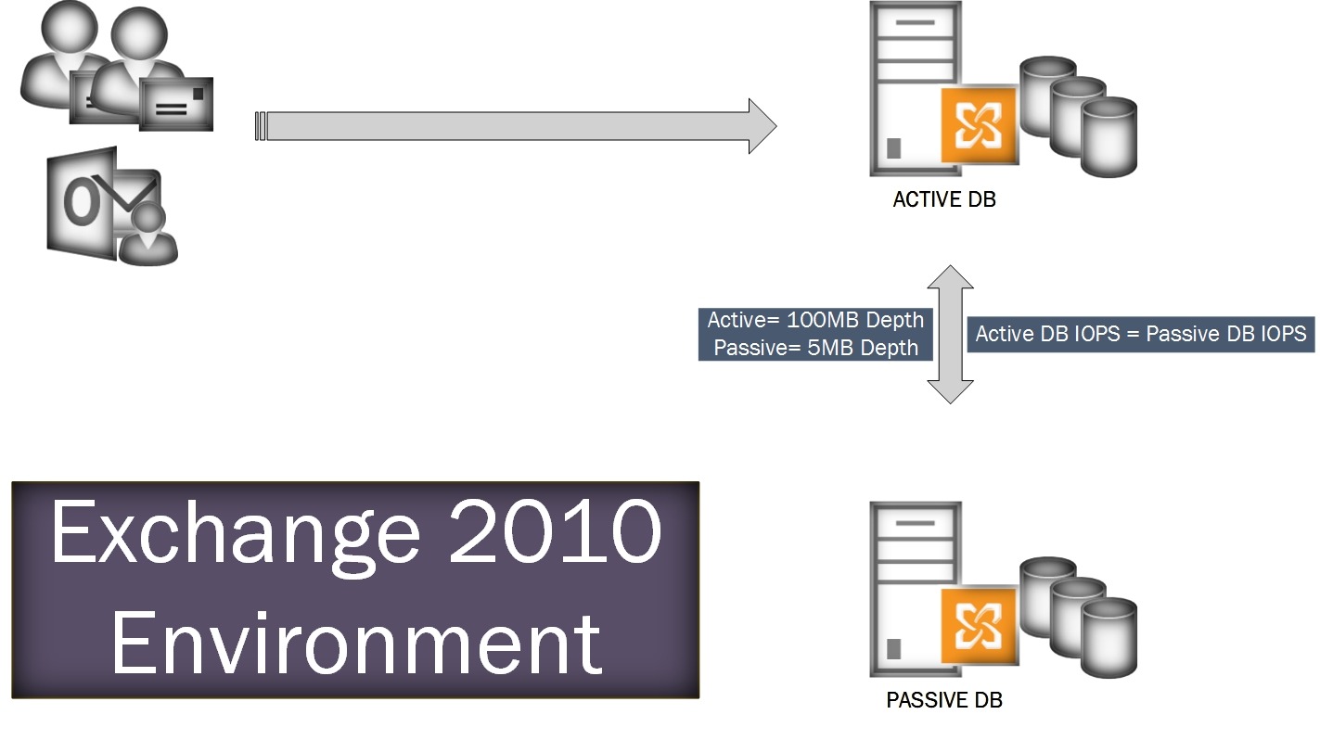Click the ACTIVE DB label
click(944, 199)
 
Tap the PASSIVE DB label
click(944, 700)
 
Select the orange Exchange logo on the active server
click(979, 125)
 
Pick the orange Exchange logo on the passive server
click(979, 626)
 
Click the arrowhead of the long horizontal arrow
click(763, 126)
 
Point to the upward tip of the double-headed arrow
click(950, 266)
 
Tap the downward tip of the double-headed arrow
click(950, 403)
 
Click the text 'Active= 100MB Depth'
click(815, 320)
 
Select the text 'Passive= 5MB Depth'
click(815, 348)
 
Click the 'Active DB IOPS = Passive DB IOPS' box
click(1141, 334)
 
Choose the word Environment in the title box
click(356, 643)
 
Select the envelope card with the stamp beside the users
click(176, 104)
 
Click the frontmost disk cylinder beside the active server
click(1109, 137)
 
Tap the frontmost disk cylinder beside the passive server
click(1109, 638)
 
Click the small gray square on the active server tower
click(893, 147)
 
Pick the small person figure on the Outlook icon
click(147, 236)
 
